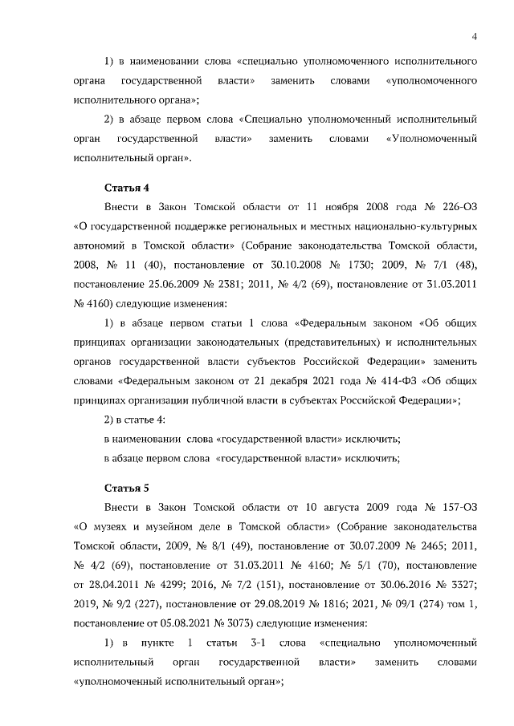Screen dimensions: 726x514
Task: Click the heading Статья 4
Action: pyautogui.click(x=127, y=188)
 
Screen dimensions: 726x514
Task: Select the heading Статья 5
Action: pyautogui.click(x=127, y=488)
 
